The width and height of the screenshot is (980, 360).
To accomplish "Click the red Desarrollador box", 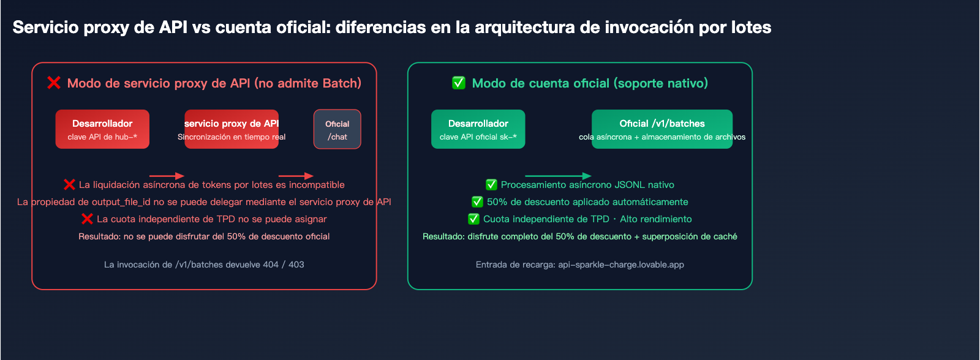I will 102,129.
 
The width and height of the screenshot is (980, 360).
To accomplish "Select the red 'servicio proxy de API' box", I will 232,129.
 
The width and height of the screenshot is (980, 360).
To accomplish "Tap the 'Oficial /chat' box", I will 337,129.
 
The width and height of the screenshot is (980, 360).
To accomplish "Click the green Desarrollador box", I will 478,129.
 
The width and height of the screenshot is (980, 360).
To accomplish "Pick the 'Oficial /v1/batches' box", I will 661,129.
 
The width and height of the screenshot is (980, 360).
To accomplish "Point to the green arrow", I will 558,176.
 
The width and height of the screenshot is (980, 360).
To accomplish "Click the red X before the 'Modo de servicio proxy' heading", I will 54,83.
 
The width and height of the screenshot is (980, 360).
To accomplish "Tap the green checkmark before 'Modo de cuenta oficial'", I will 459,83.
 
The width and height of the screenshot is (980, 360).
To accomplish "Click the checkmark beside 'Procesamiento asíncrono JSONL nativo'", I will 491,184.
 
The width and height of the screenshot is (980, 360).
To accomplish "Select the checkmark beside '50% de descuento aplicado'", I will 477,201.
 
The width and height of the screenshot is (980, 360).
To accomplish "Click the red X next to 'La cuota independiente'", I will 87,219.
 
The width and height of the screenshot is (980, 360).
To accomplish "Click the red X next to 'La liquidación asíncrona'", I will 69,184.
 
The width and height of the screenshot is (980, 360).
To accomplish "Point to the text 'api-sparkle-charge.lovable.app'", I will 620,264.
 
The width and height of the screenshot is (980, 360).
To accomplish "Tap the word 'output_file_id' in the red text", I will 121,201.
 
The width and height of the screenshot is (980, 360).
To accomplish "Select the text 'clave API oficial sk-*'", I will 478,137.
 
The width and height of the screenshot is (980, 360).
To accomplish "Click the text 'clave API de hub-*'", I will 102,137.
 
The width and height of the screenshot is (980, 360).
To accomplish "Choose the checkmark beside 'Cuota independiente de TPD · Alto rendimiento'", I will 473,219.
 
